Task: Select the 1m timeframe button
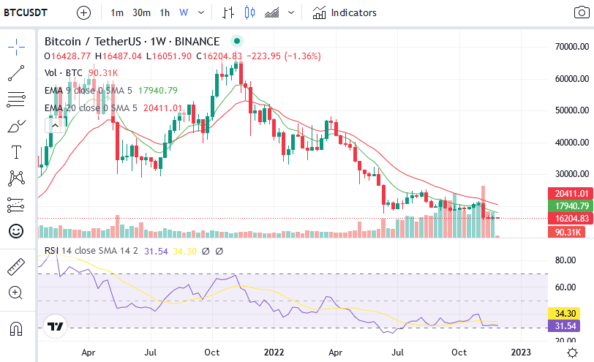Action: pyautogui.click(x=117, y=12)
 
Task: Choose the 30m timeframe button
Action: pyautogui.click(x=141, y=12)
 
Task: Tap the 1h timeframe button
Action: pyautogui.click(x=165, y=12)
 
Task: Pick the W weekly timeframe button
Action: pyautogui.click(x=183, y=12)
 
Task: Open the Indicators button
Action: pyautogui.click(x=345, y=12)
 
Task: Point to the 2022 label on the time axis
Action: pyautogui.click(x=274, y=351)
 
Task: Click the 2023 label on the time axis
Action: pyautogui.click(x=520, y=351)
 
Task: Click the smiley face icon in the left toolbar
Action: pyautogui.click(x=16, y=231)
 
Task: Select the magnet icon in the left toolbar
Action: pyautogui.click(x=16, y=328)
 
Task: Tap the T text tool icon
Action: pyautogui.click(x=16, y=152)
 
